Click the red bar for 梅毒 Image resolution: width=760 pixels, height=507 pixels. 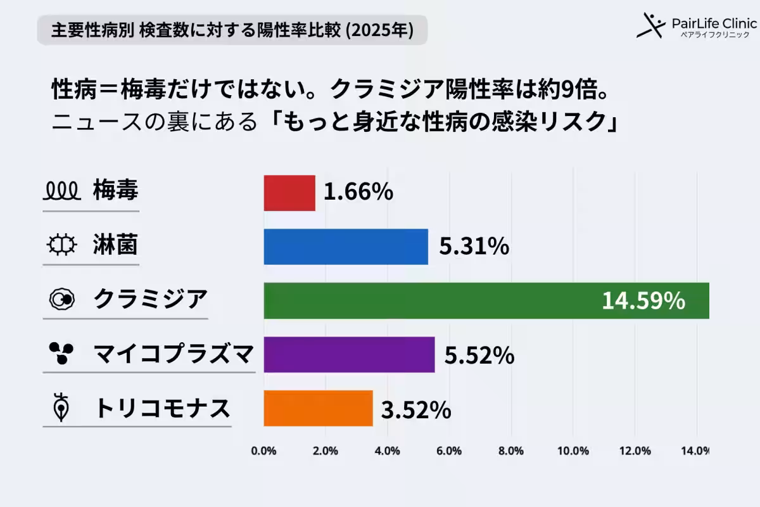(289, 193)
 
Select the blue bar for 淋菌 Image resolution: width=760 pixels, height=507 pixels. (346, 247)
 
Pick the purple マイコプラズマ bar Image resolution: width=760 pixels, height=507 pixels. (349, 354)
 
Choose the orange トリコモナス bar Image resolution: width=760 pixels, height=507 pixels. (318, 408)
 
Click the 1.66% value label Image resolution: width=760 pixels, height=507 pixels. (358, 193)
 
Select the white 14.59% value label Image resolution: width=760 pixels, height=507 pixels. (643, 301)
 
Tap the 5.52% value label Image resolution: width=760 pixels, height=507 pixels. (478, 356)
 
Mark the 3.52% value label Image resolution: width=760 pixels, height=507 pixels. (416, 410)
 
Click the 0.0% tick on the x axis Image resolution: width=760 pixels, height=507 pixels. (263, 451)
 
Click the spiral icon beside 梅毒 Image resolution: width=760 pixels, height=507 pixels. (61, 189)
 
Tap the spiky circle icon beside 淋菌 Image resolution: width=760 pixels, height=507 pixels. (61, 245)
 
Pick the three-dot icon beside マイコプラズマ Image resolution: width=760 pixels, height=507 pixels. (61, 353)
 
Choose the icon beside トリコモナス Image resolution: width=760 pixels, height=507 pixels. (61, 408)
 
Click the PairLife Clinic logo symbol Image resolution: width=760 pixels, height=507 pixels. (650, 25)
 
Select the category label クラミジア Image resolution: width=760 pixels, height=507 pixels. (150, 298)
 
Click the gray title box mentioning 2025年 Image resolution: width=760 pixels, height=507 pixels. (232, 30)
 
